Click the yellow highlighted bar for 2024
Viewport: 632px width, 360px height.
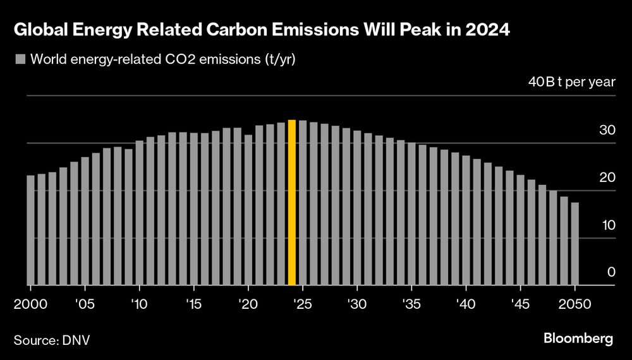click(x=292, y=203)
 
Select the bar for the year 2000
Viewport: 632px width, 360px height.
click(x=30, y=231)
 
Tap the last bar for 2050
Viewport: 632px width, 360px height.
click(x=575, y=244)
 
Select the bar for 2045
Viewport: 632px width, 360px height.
click(x=521, y=230)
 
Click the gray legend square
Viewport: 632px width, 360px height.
click(x=19, y=60)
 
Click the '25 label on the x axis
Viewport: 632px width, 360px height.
click(x=303, y=304)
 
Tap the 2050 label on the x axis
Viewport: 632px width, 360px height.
click(x=575, y=304)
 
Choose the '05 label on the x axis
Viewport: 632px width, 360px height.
click(x=85, y=304)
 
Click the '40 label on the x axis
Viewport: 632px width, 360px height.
click(x=466, y=304)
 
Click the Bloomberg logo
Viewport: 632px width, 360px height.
click(x=578, y=339)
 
